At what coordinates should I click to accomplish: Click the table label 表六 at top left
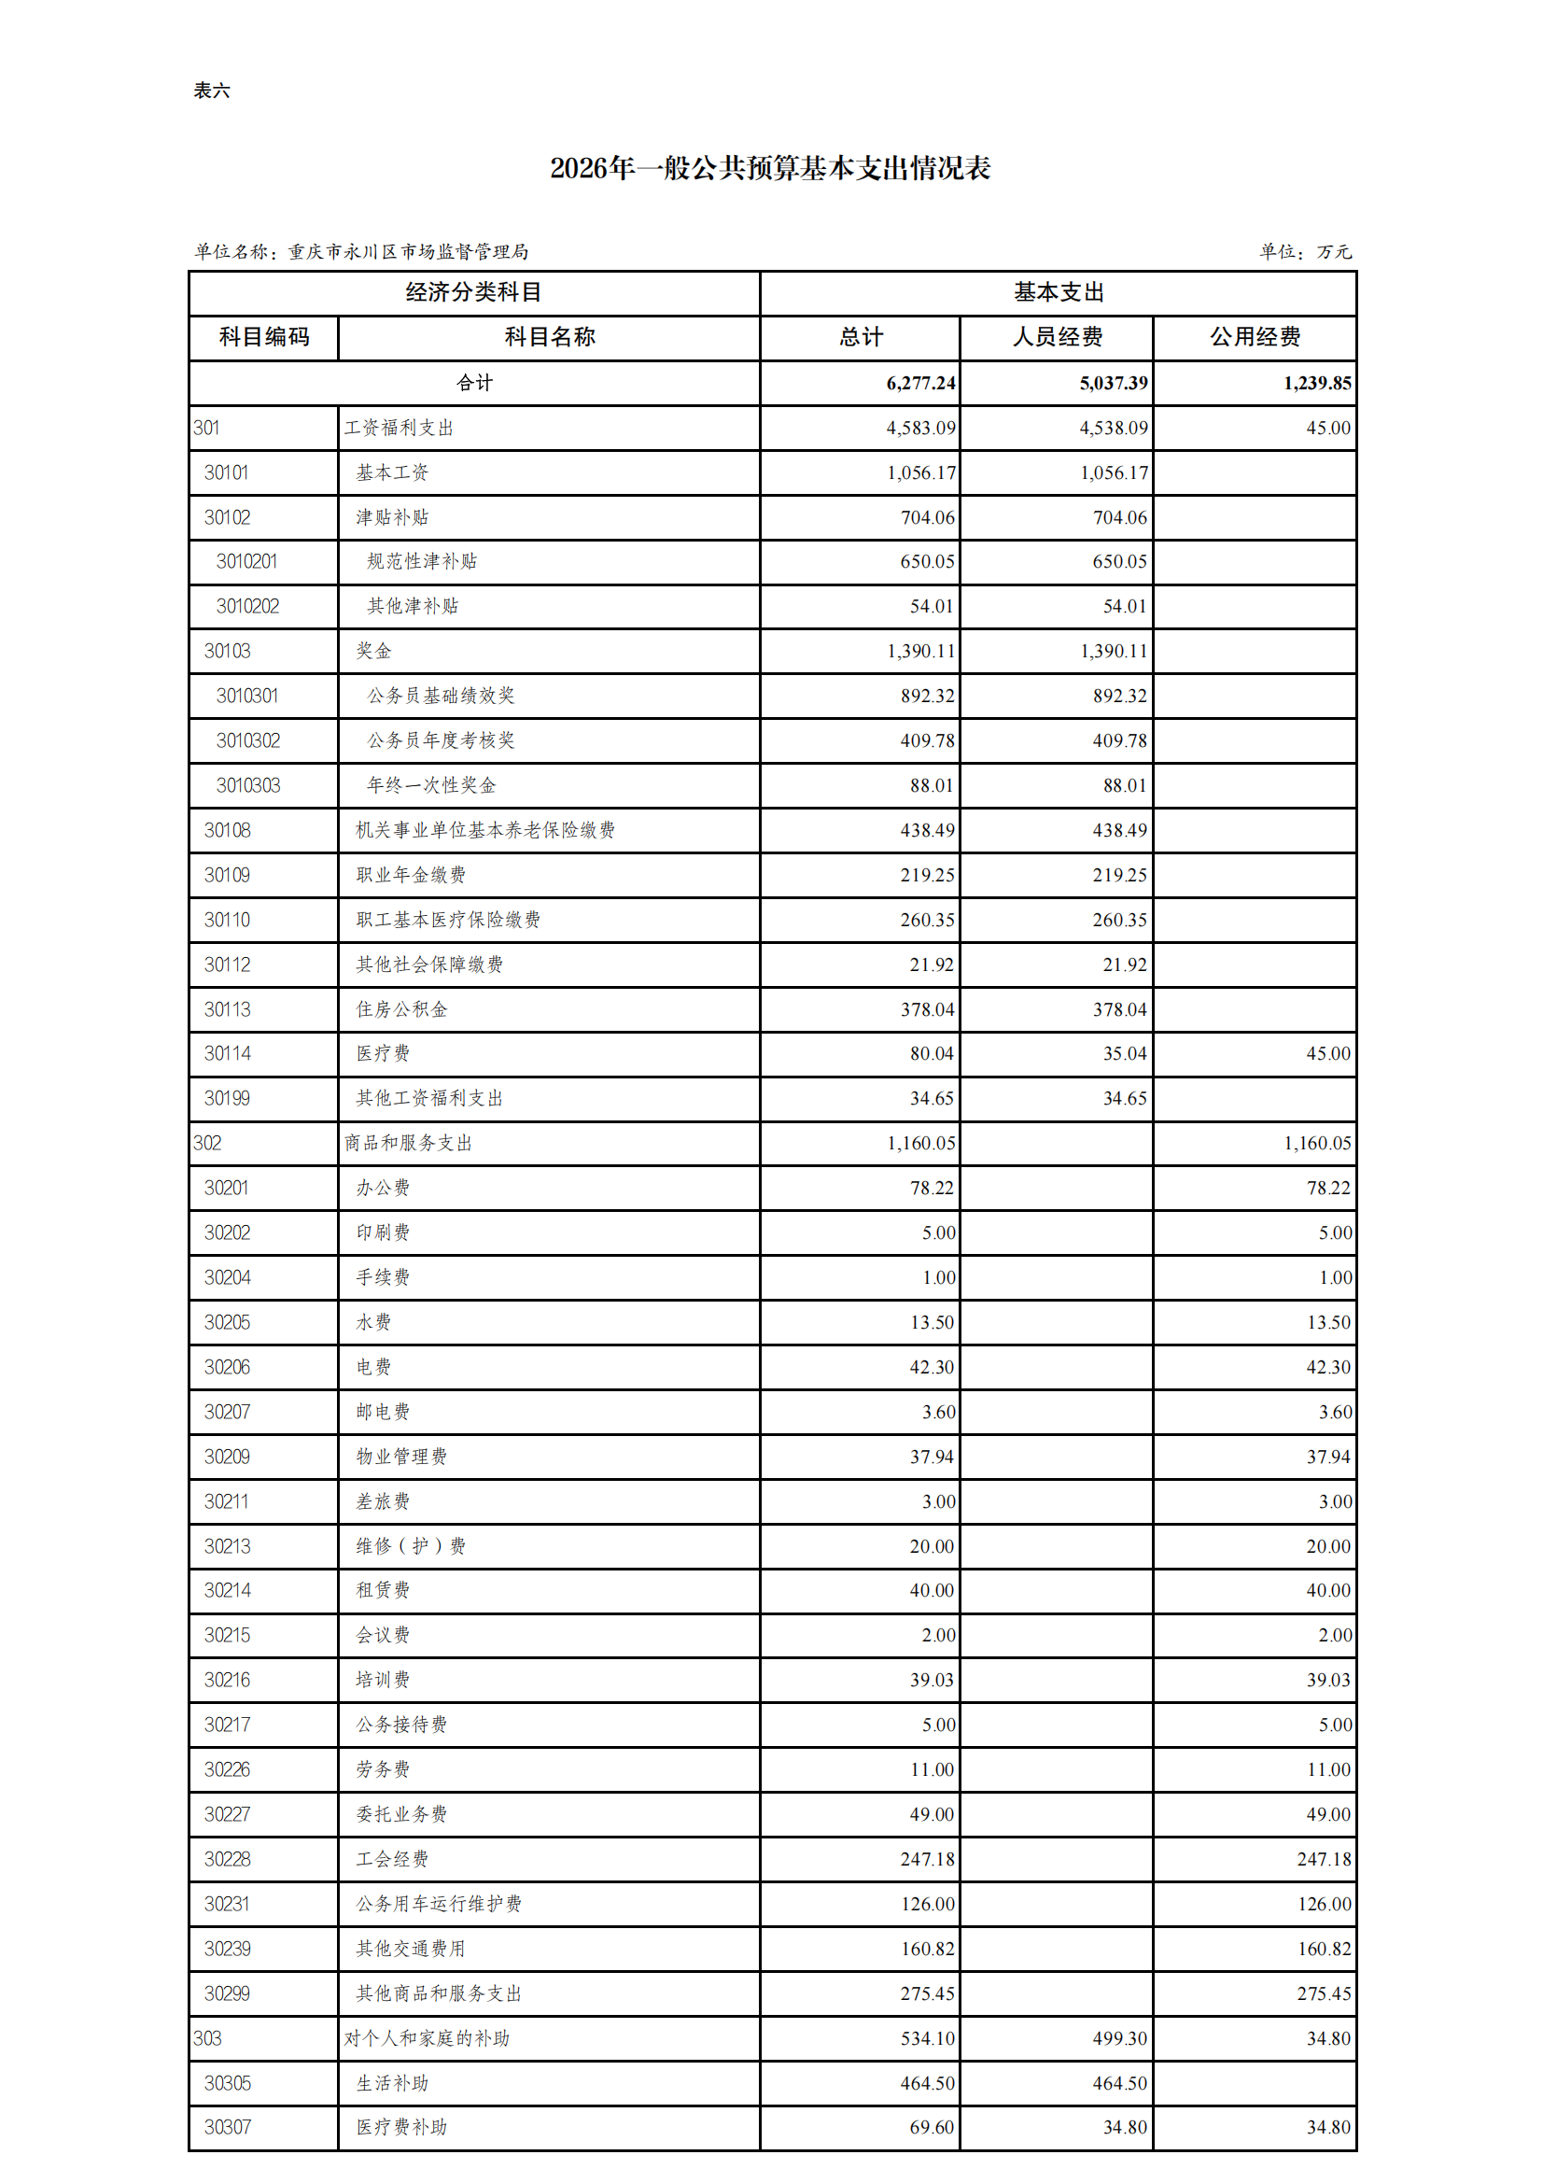click(x=211, y=91)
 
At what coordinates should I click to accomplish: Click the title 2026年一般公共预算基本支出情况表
click(x=770, y=168)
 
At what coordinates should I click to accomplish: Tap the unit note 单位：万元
click(x=1304, y=251)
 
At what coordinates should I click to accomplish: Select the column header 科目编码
click(x=264, y=336)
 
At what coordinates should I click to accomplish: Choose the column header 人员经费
click(x=1057, y=336)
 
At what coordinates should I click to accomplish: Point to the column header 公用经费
click(x=1254, y=336)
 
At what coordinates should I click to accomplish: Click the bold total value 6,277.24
click(x=920, y=383)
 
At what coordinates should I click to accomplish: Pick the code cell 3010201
click(x=246, y=562)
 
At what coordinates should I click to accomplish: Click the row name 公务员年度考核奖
click(x=441, y=740)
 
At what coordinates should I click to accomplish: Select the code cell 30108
click(x=227, y=830)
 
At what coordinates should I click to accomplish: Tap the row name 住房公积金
click(x=401, y=1008)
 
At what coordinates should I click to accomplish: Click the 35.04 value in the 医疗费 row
click(x=1125, y=1053)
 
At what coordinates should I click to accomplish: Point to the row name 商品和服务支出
click(x=408, y=1143)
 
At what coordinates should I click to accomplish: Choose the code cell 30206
click(x=227, y=1367)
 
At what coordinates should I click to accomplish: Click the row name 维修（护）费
click(x=411, y=1546)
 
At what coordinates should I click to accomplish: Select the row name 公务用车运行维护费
click(x=439, y=1904)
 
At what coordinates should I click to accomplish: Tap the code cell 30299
click(x=227, y=1993)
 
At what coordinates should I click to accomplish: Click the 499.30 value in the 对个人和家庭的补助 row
click(x=1119, y=2038)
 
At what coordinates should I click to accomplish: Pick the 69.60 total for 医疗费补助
click(x=931, y=2127)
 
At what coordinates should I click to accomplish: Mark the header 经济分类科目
click(x=473, y=292)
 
